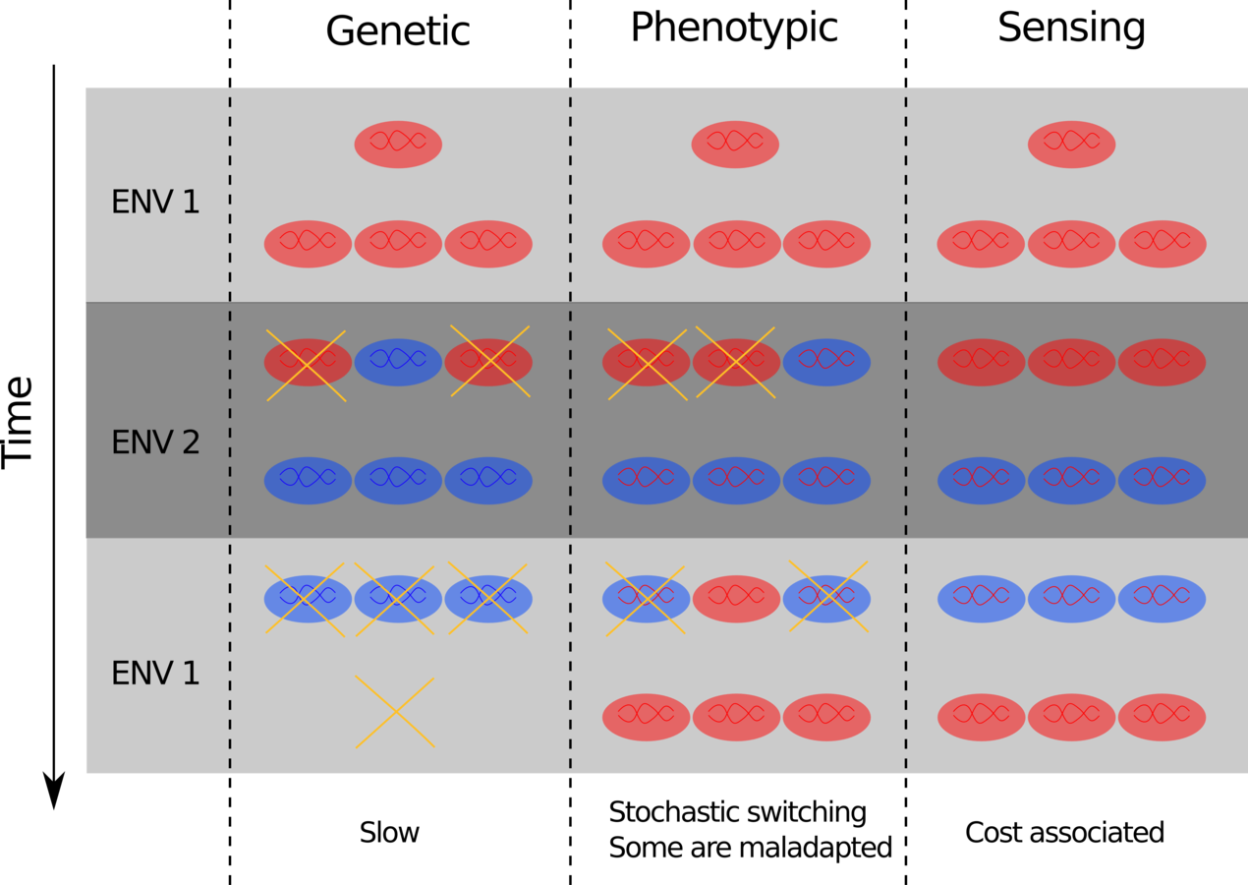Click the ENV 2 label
(x=155, y=443)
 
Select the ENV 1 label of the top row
(x=155, y=204)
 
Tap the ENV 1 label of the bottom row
(x=155, y=675)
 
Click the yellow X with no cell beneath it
(x=395, y=712)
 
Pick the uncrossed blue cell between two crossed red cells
(x=398, y=363)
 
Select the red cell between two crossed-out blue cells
(x=736, y=599)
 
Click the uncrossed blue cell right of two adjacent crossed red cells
(x=826, y=363)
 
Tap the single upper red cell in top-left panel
(x=398, y=145)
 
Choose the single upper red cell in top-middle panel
(x=735, y=145)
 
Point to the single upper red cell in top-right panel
(x=1071, y=145)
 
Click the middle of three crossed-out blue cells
(x=398, y=599)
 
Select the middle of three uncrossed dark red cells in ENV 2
(x=1071, y=363)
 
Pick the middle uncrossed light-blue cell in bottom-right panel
(x=1071, y=599)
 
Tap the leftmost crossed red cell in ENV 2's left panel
(x=308, y=363)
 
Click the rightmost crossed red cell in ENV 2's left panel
(x=488, y=363)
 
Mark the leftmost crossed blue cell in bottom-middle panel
(x=646, y=599)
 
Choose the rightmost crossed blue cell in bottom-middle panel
(x=826, y=599)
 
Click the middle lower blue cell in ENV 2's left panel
(x=398, y=481)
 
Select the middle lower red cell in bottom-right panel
(x=1071, y=718)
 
